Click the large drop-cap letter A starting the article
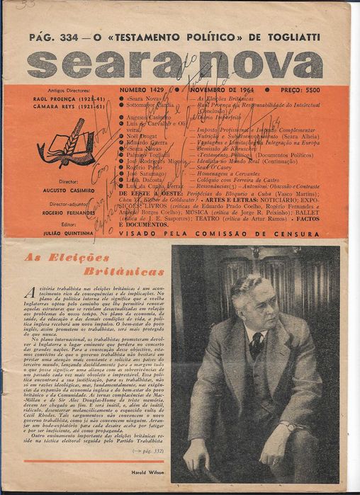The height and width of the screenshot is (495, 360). [x=29, y=293]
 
